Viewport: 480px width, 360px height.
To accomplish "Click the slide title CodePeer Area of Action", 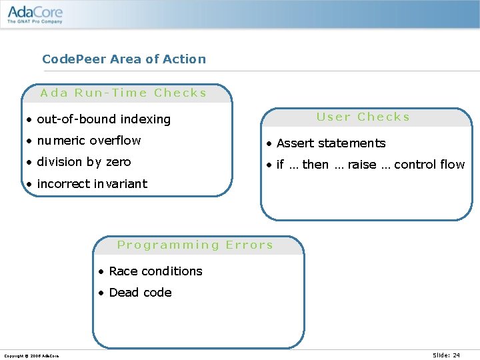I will [124, 59].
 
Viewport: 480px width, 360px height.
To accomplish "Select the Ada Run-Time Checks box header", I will [124, 93].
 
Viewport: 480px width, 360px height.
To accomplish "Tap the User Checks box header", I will [363, 117].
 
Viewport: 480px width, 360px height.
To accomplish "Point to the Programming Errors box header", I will [195, 245].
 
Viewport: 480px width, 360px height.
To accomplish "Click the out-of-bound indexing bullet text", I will [104, 119].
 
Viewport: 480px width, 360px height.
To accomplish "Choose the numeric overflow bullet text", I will [89, 141].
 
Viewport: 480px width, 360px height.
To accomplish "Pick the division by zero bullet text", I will [84, 162].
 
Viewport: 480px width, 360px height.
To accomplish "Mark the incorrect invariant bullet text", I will [92, 183].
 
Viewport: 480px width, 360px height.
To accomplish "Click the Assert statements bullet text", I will [331, 143].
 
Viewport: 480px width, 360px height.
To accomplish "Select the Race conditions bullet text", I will [155, 271].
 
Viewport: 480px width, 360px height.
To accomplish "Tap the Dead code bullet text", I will [140, 293].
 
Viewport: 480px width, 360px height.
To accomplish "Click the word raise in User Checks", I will [362, 165].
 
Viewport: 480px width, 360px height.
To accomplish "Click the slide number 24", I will [447, 355].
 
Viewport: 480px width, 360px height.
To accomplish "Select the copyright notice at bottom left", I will [31, 356].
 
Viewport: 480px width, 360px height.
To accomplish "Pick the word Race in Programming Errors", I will [123, 271].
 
